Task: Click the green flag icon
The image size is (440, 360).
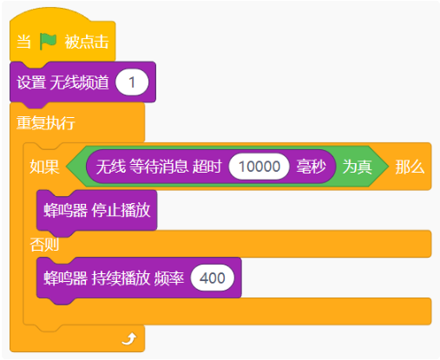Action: coord(48,42)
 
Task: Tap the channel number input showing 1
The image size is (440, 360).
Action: coord(132,82)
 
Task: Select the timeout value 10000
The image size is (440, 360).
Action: coord(259,167)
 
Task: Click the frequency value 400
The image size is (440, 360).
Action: coord(213,278)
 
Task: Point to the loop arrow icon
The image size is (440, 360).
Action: coord(129,338)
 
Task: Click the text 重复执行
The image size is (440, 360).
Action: coord(46,122)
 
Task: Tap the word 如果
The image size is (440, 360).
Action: coord(44,167)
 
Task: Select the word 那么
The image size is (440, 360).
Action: coord(410,167)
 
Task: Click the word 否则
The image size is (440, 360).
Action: coord(44,245)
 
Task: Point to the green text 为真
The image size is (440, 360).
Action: coord(357,167)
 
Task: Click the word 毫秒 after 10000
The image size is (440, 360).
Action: coord(311,167)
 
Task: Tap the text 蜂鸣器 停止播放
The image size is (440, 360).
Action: coord(97,210)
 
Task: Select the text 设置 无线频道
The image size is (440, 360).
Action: coord(62,82)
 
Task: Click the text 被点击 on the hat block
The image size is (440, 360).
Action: coord(87,42)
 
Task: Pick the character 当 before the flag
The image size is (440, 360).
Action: coord(23,42)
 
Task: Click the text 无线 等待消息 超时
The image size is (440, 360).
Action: coord(159,167)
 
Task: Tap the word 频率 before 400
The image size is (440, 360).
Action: coord(169,278)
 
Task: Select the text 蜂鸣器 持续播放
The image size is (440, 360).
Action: coord(97,278)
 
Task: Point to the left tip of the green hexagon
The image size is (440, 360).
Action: coord(66,167)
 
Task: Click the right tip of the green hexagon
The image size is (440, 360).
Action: coord(388,167)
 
